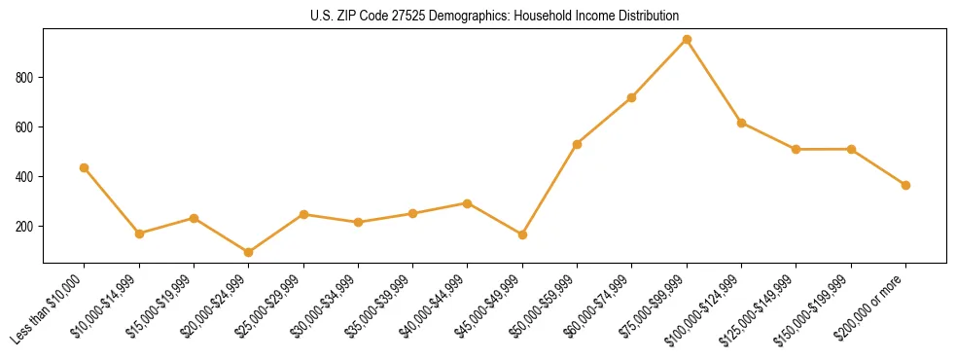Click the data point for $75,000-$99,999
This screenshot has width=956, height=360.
(687, 40)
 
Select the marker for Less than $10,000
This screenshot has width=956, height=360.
(85, 167)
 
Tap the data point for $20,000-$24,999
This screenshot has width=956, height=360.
(249, 252)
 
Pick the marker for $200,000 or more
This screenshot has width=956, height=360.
(905, 185)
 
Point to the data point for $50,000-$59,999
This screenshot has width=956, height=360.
(578, 144)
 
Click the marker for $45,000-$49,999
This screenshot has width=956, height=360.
(522, 234)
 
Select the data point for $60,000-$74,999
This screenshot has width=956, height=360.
(632, 97)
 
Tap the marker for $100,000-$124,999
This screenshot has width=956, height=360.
(741, 123)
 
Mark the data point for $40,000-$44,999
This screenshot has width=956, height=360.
(468, 203)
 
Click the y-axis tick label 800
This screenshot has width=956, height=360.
(27, 78)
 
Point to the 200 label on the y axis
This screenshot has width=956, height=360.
(27, 227)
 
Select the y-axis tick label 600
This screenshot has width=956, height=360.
(27, 127)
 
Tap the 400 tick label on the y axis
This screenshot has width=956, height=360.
(27, 177)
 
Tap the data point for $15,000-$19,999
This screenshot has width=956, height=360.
(194, 218)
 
